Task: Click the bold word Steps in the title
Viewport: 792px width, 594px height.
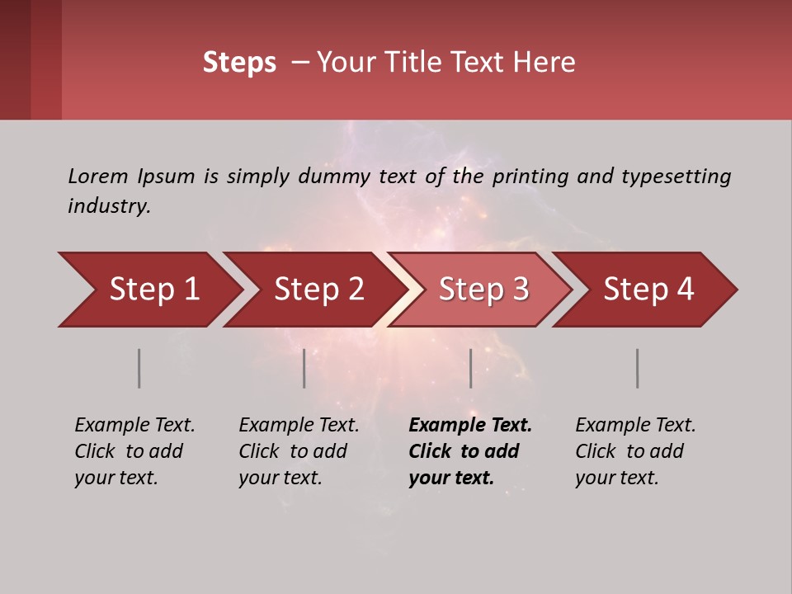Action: [x=239, y=63]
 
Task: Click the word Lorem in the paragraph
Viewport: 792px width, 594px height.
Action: [x=97, y=176]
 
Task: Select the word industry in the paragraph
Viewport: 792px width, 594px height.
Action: [x=108, y=206]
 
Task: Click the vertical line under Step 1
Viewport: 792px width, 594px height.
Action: [x=139, y=368]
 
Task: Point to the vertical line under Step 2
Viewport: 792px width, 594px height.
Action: [x=304, y=368]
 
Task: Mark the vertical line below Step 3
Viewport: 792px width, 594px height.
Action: [x=470, y=368]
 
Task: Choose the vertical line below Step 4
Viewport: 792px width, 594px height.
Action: [x=637, y=368]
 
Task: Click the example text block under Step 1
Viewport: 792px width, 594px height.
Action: [x=134, y=451]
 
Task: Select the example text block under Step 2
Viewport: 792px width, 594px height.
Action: [x=299, y=451]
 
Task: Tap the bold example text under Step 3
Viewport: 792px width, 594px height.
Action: [x=469, y=451]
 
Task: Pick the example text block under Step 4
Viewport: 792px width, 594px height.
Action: [x=635, y=451]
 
